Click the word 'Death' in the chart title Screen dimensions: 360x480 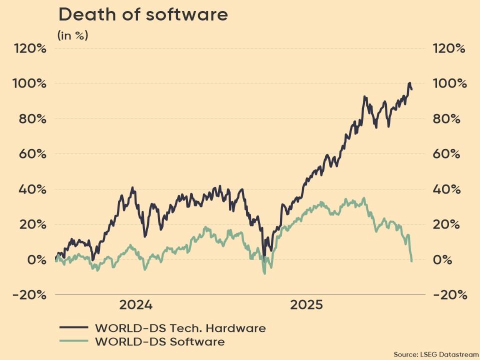click(x=83, y=14)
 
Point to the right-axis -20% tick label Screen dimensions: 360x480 click(x=450, y=295)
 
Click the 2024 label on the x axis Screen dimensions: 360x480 click(x=135, y=304)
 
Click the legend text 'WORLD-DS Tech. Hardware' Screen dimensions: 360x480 click(x=180, y=328)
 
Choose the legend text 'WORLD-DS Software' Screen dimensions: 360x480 click(x=159, y=342)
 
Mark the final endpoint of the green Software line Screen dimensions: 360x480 click(x=411, y=261)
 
